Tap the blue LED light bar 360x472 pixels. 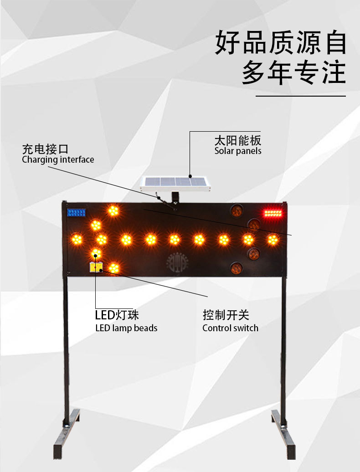tap(76, 212)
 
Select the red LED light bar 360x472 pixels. tap(273, 213)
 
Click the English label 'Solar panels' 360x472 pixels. tap(238, 151)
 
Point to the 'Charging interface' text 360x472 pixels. tap(58, 159)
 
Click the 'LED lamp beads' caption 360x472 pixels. tap(126, 328)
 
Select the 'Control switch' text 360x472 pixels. tap(230, 328)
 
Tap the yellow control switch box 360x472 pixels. tap(97, 267)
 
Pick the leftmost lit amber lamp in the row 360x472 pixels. tap(77, 239)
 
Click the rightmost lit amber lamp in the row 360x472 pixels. tap(273, 239)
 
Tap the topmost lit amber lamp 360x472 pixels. tap(113, 210)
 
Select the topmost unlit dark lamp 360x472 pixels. tap(236, 210)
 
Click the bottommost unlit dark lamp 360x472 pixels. tap(236, 268)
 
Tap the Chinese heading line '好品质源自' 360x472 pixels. tap(281, 44)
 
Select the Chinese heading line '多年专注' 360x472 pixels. tap(293, 73)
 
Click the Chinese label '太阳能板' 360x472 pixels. tap(238, 140)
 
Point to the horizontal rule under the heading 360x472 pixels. tap(300, 96)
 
